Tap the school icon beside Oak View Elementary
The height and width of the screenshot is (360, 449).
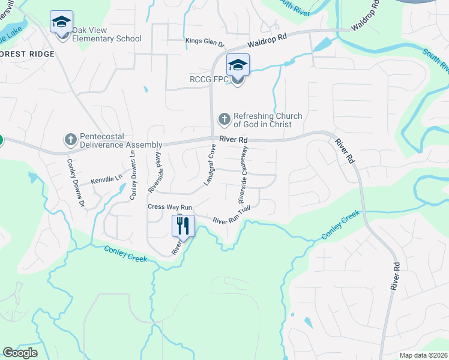[x=61, y=22]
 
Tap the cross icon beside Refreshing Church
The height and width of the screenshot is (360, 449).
[x=224, y=119]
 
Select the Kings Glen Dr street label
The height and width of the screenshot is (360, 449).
[x=205, y=43]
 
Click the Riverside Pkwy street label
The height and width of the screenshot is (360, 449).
[x=155, y=172]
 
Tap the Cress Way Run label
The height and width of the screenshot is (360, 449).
[x=170, y=207]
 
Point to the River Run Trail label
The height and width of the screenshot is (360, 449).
[x=231, y=216]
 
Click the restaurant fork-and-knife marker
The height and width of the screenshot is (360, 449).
[x=182, y=226]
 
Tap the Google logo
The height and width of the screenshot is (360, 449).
[x=20, y=353]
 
